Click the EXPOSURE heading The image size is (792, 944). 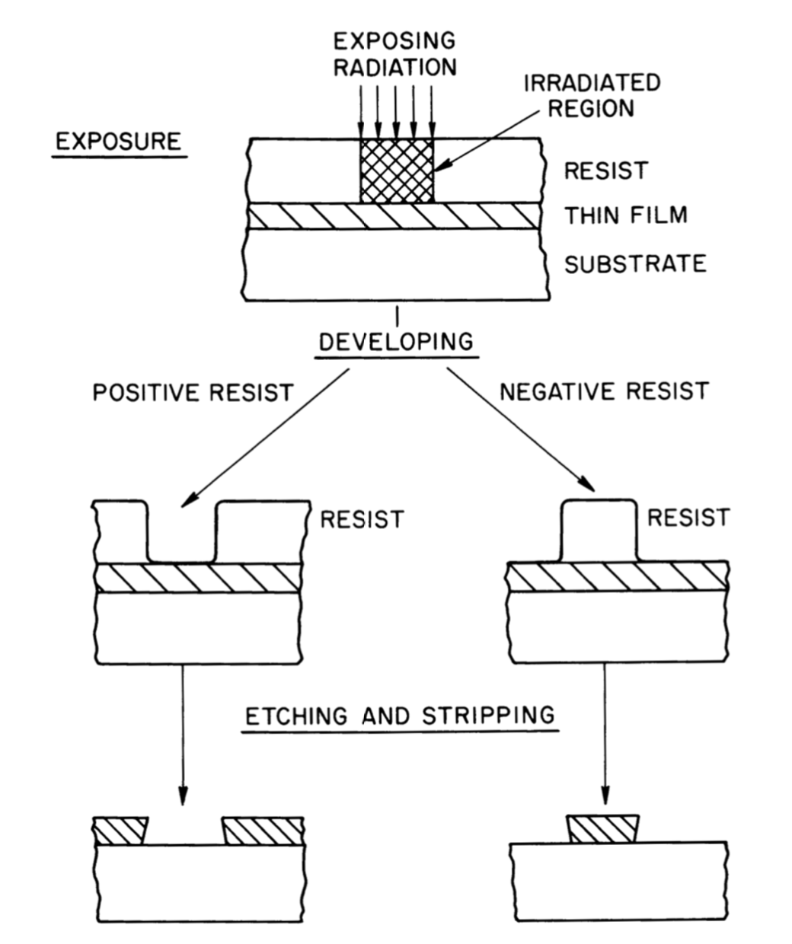(x=119, y=142)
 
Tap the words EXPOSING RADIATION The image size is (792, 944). (x=395, y=53)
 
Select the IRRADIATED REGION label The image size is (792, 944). (x=591, y=95)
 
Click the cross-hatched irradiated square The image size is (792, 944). (x=396, y=171)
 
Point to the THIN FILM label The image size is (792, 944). (x=625, y=215)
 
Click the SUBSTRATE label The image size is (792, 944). (x=634, y=263)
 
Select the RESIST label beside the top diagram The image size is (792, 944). (x=606, y=171)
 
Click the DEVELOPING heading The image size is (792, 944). (x=395, y=341)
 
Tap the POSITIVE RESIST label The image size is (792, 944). (x=193, y=393)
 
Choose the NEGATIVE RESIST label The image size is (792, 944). (x=604, y=391)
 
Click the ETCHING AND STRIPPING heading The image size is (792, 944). (x=400, y=716)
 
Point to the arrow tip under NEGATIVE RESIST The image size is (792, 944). (x=589, y=486)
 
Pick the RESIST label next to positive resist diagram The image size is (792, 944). (x=361, y=520)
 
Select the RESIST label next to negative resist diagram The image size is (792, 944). (x=688, y=518)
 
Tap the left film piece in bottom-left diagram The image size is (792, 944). (x=120, y=831)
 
